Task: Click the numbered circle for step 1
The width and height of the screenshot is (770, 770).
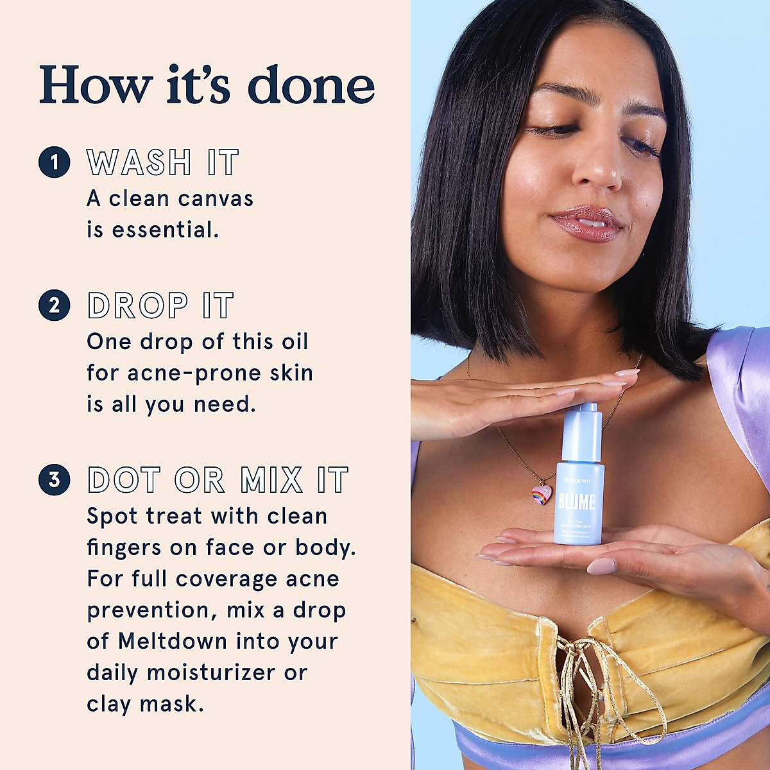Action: [x=54, y=162]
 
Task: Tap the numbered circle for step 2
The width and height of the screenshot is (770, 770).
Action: [x=54, y=305]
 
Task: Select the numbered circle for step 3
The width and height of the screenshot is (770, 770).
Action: [x=54, y=479]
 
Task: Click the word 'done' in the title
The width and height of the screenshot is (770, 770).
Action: [x=311, y=85]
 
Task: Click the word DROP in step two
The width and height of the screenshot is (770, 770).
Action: [x=138, y=305]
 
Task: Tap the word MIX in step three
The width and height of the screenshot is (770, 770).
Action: [x=271, y=480]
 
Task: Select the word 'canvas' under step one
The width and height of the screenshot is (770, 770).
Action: [x=216, y=199]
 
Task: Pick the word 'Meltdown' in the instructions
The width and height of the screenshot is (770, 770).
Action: [x=173, y=641]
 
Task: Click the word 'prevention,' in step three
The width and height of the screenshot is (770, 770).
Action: [x=152, y=610]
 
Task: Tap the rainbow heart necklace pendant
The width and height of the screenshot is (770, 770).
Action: [x=542, y=495]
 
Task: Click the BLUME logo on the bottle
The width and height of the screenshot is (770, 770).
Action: [x=576, y=502]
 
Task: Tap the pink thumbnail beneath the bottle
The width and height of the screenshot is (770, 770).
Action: [x=601, y=566]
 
